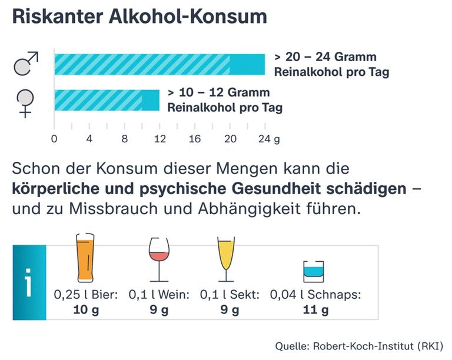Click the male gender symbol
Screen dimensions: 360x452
click(x=25, y=64)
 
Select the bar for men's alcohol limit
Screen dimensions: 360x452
click(x=159, y=64)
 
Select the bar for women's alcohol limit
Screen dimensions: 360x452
click(x=107, y=100)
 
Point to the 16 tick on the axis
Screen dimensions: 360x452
click(x=195, y=139)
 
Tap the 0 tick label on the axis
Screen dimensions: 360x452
click(x=54, y=139)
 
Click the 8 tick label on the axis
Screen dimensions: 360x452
click(x=124, y=139)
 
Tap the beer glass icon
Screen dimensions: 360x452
click(x=86, y=258)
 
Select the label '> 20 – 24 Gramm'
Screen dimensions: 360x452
click(x=325, y=58)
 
